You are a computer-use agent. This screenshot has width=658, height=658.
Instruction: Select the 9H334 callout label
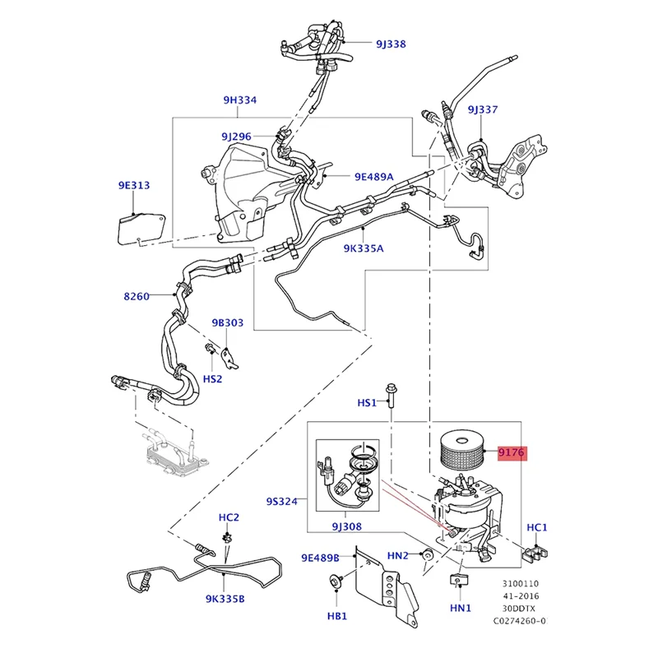coord(239,100)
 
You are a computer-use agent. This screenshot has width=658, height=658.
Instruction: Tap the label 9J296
coord(235,136)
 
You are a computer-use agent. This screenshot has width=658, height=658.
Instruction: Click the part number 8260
coord(136,295)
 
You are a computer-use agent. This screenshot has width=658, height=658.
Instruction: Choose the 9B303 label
coord(227,322)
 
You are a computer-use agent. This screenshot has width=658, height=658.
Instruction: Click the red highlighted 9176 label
coord(510,452)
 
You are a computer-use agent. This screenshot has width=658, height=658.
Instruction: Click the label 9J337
coord(483,109)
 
